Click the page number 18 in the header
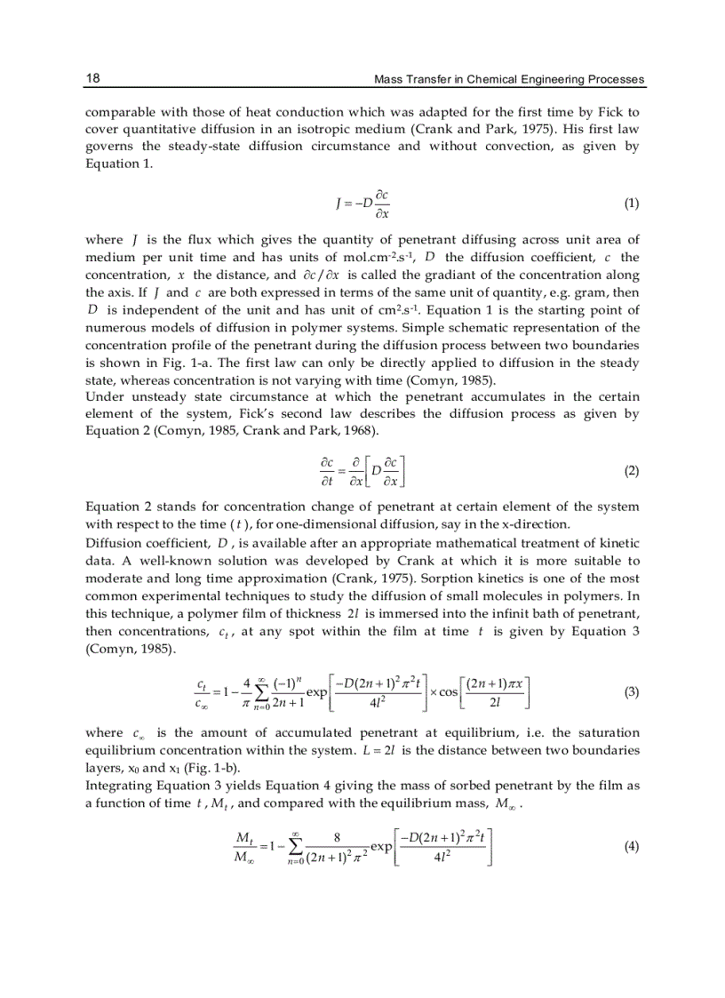[92, 79]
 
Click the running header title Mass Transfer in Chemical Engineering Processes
[509, 80]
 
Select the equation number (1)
[631, 203]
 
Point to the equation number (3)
[631, 692]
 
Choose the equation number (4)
[631, 847]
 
